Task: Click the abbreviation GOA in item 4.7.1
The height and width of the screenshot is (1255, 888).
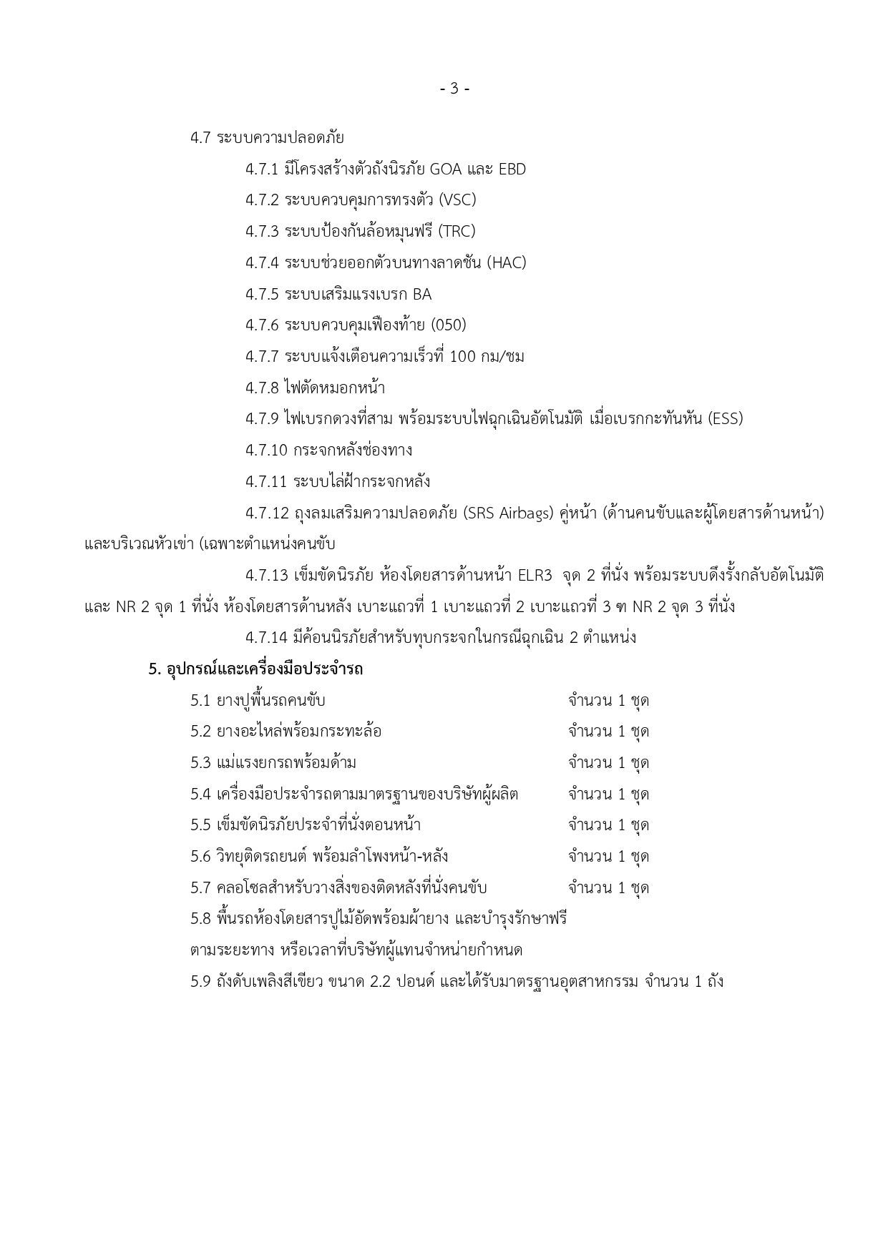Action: (445, 169)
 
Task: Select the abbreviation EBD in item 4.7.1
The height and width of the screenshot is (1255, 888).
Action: (512, 169)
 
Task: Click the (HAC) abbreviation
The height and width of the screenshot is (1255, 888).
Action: (507, 263)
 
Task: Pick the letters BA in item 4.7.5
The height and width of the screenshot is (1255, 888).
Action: (422, 295)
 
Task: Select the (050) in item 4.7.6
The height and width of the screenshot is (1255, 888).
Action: (449, 325)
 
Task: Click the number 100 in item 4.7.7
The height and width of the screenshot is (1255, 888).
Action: (463, 357)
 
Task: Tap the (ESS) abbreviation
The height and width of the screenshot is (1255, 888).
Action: (726, 419)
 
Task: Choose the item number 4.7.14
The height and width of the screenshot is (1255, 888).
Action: (266, 638)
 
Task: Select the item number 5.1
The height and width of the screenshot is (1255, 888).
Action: (200, 701)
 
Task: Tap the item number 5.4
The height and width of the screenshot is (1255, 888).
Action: (200, 794)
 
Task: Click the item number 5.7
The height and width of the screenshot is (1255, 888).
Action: (200, 888)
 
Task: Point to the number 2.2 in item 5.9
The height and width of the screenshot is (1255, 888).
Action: (384, 982)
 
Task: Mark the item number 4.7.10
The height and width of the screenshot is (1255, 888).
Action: (266, 451)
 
